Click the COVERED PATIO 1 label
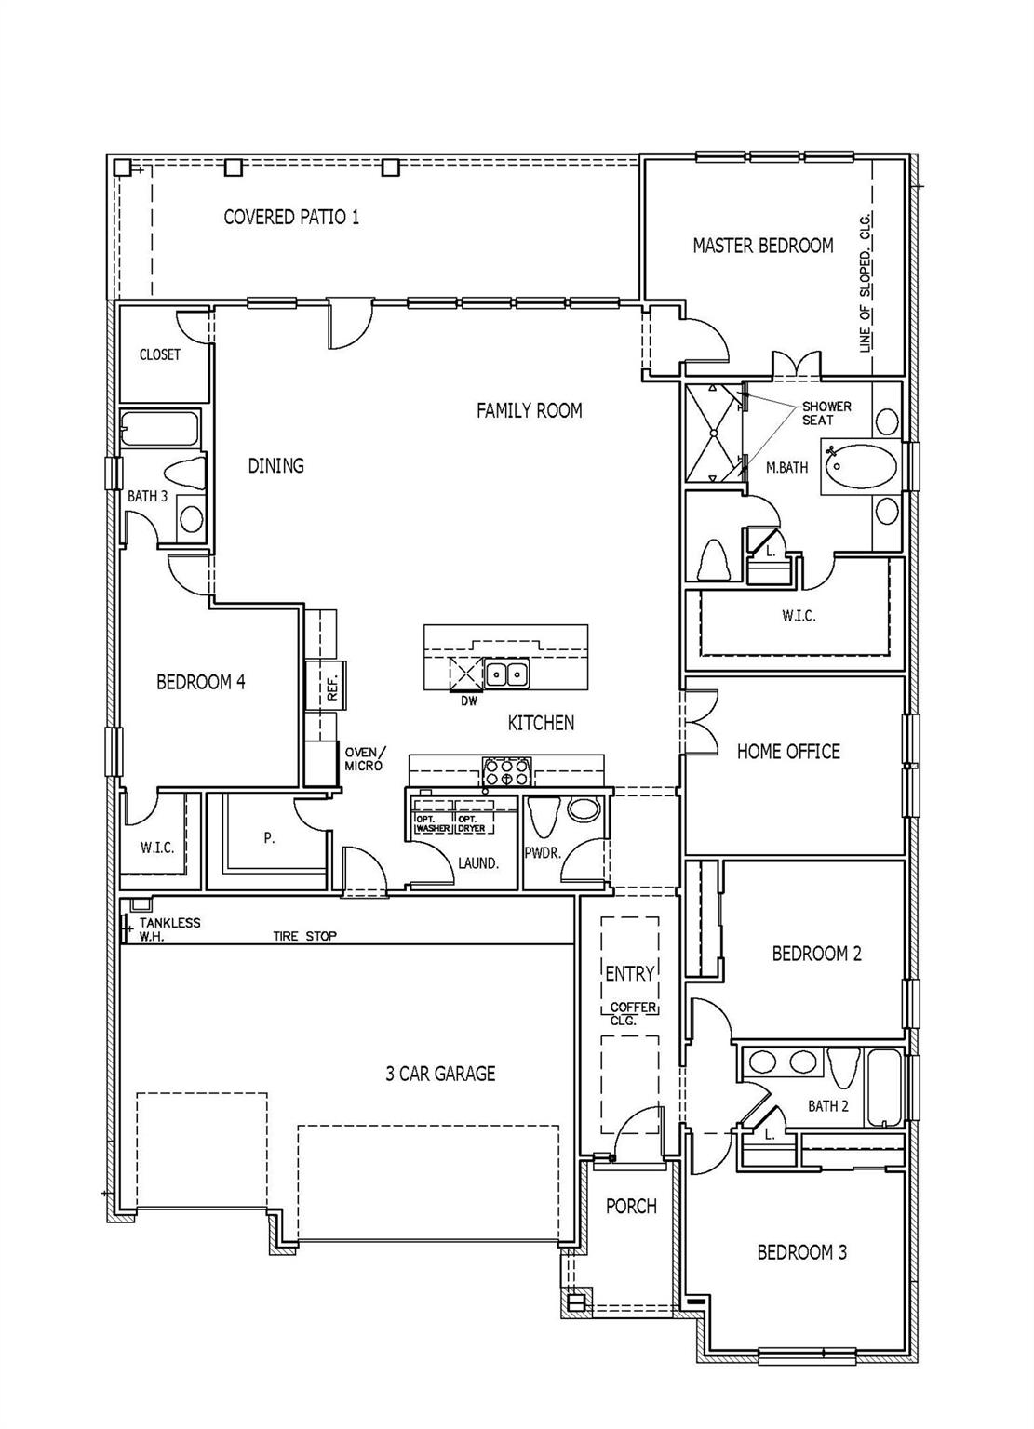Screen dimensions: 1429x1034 pyautogui.click(x=291, y=217)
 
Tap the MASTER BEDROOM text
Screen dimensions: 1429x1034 pyautogui.click(x=762, y=246)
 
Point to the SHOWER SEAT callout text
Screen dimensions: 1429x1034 pyautogui.click(x=826, y=414)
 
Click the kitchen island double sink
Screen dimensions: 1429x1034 pyautogui.click(x=506, y=673)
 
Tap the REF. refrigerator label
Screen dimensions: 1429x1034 pyautogui.click(x=332, y=688)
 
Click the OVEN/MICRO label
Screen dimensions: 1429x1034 pyautogui.click(x=364, y=759)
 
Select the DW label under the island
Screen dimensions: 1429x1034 pyautogui.click(x=468, y=701)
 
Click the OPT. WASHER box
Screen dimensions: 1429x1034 pyautogui.click(x=432, y=816)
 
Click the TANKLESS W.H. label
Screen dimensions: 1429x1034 pyautogui.click(x=168, y=928)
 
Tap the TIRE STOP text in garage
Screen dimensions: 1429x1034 pyautogui.click(x=304, y=936)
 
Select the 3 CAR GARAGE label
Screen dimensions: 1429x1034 pyautogui.click(x=440, y=1074)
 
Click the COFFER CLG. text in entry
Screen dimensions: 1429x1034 pyautogui.click(x=633, y=1014)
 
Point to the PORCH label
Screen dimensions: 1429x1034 pyautogui.click(x=631, y=1207)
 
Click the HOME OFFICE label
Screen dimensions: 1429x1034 pyautogui.click(x=788, y=752)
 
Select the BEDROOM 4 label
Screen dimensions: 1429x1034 pyautogui.click(x=200, y=682)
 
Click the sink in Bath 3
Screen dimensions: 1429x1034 pyautogui.click(x=192, y=518)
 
